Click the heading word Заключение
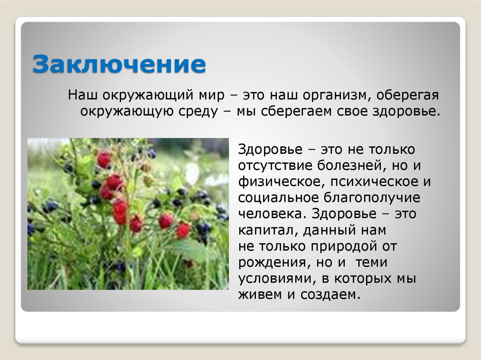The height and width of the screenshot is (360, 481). (x=119, y=64)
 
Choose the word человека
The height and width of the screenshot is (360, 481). (x=267, y=214)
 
